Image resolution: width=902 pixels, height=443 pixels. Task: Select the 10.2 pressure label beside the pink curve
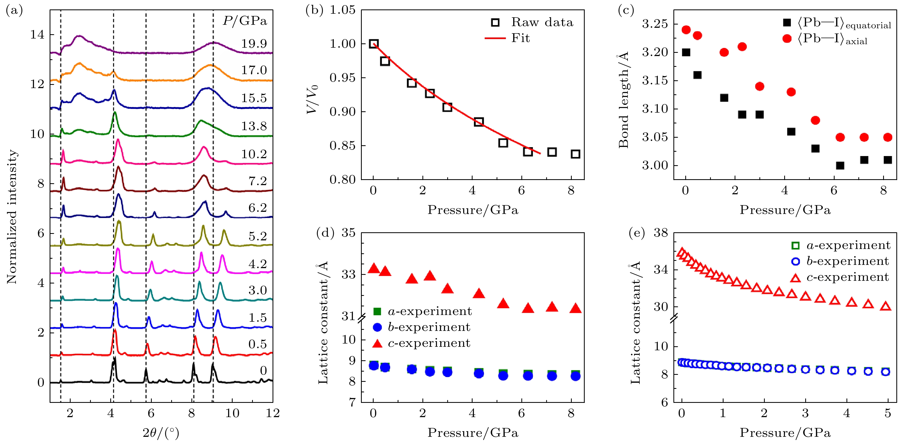(x=254, y=154)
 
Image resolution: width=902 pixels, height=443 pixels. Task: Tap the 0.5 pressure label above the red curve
(x=257, y=344)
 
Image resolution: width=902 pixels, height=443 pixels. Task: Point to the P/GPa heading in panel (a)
(x=245, y=21)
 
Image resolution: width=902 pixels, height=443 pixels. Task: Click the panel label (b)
(x=314, y=10)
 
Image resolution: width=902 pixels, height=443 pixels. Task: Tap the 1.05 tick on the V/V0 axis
(x=343, y=10)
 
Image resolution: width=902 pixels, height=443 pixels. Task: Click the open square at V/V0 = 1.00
(x=374, y=44)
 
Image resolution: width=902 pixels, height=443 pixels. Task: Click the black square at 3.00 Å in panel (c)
(x=840, y=165)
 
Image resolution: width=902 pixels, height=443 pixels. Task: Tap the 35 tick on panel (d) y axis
(x=348, y=233)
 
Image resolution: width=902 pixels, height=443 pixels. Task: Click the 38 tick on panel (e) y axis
(x=661, y=233)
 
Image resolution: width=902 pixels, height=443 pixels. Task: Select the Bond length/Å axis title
(x=624, y=100)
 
